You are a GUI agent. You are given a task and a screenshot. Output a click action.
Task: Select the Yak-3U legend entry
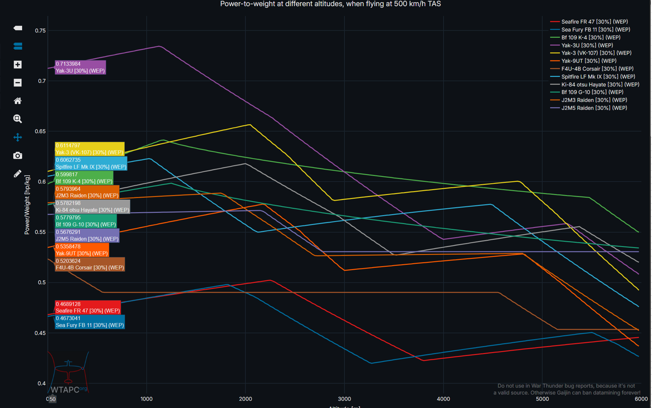pos(587,45)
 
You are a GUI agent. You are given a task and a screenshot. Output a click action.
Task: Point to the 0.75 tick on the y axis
pos(40,31)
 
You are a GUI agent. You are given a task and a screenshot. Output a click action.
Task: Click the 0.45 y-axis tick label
pos(40,333)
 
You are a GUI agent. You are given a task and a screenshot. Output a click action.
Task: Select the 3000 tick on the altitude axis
pos(344,399)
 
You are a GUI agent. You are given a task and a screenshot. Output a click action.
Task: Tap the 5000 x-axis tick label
pos(542,399)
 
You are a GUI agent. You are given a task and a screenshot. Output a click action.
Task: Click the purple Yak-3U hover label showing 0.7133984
pos(80,67)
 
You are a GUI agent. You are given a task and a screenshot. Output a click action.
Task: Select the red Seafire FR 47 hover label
pos(88,307)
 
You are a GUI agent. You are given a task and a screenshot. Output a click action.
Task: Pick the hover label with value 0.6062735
pos(91,163)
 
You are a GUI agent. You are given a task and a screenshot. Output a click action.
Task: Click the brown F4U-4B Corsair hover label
pos(90,264)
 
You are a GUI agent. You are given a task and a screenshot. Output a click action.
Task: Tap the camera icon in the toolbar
pos(17,156)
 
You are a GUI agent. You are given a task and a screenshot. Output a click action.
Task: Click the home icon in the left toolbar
pos(17,101)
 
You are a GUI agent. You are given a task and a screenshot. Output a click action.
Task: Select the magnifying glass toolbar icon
pos(17,119)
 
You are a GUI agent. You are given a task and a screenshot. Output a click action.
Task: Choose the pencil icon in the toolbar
pos(17,174)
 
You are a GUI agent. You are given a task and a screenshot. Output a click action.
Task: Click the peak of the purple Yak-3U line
pos(159,46)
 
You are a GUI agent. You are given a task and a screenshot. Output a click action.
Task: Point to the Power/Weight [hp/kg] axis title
pos(27,205)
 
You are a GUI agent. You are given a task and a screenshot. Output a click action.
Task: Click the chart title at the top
pos(330,4)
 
